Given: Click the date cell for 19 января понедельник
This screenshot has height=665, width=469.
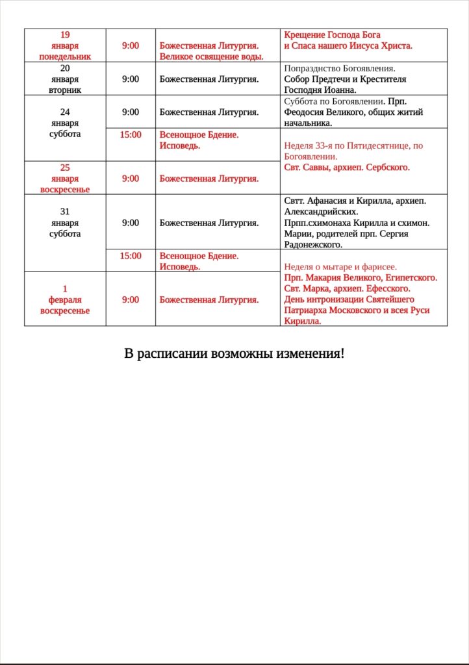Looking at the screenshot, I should click(65, 45).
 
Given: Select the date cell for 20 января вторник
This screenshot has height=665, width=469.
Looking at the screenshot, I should click(65, 79).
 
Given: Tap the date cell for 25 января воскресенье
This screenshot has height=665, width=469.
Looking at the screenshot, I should click(65, 178).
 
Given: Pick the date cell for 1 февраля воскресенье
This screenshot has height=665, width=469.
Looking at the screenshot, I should click(65, 299).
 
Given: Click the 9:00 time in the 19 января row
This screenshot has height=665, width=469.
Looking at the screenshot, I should click(131, 45).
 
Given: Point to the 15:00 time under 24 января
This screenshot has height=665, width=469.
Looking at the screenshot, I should click(131, 134).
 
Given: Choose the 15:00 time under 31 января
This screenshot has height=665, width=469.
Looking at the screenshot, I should click(131, 256).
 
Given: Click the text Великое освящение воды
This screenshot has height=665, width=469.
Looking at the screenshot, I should click(211, 56).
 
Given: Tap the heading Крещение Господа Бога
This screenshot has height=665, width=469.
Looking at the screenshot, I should click(333, 34).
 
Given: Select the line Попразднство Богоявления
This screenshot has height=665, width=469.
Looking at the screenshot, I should click(340, 68).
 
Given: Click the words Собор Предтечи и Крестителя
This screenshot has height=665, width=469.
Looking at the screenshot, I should click(345, 79).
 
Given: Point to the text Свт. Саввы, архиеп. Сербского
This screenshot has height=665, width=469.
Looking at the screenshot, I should click(347, 168).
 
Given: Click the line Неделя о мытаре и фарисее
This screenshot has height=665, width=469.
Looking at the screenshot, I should click(340, 267).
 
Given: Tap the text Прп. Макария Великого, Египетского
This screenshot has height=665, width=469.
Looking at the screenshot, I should click(361, 277).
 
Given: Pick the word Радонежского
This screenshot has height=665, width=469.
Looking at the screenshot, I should click(313, 245).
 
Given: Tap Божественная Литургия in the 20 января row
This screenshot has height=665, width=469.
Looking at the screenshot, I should click(209, 79).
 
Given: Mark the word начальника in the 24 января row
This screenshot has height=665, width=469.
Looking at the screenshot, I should click(308, 123).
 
